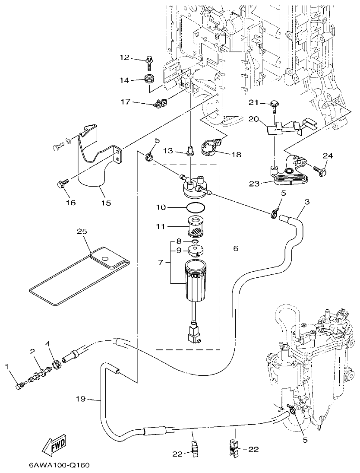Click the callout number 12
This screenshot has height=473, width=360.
(124, 57)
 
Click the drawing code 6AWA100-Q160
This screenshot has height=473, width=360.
(60, 466)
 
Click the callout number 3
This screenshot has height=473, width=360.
(307, 202)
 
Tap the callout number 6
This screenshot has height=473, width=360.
(236, 249)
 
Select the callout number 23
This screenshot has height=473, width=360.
(254, 184)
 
